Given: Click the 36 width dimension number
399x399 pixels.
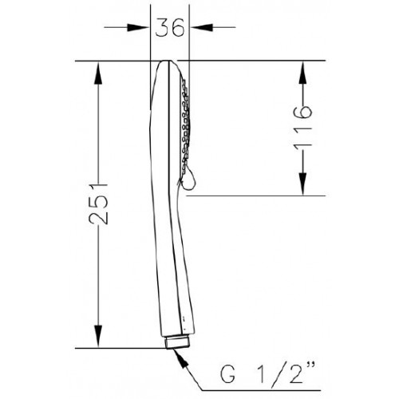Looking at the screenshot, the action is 170,28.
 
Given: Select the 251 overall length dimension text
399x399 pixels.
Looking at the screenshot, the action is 98,203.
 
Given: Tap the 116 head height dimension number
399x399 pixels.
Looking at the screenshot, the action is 302,126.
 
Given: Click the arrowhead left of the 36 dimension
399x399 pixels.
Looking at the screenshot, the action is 138,27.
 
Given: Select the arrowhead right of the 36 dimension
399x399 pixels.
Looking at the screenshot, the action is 202,27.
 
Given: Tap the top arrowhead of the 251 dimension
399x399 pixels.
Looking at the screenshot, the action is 98,73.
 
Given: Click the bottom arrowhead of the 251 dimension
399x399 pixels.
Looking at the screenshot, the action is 98,336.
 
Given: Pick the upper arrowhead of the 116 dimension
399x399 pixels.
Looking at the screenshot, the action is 302,73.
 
